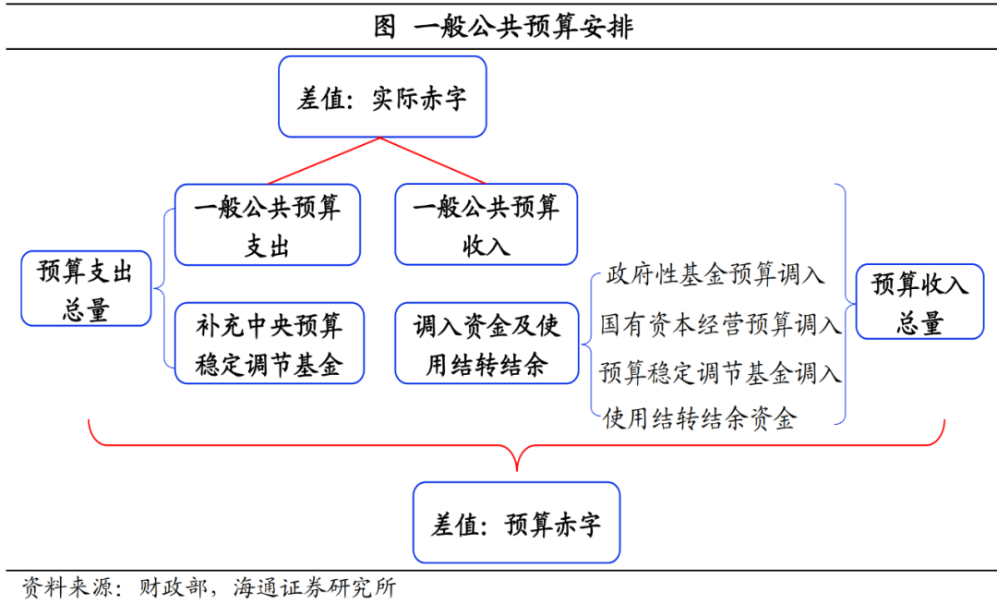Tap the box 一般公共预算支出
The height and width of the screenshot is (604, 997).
click(268, 225)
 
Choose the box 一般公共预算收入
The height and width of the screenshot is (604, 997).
click(486, 225)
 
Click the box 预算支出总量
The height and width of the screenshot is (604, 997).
click(86, 290)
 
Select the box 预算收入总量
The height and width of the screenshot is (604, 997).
click(919, 302)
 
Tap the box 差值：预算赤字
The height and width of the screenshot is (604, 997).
click(516, 524)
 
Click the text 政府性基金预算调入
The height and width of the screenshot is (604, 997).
click(715, 274)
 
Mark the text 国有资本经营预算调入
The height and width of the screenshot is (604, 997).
click(720, 324)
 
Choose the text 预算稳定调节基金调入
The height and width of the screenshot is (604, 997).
click(720, 373)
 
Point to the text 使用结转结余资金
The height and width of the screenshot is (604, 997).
click(699, 420)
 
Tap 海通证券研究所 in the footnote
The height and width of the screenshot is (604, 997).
click(315, 587)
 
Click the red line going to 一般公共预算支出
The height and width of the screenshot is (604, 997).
click(323, 161)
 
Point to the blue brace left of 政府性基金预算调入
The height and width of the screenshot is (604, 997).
click(588, 345)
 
